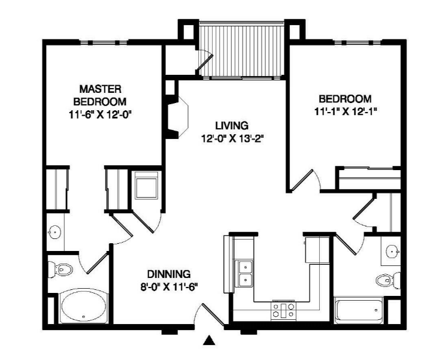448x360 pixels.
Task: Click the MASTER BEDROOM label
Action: (x=100, y=95)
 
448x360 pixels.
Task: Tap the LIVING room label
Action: (x=232, y=125)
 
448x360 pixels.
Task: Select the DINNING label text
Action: (x=169, y=274)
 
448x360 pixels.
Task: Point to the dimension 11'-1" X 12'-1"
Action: (x=344, y=112)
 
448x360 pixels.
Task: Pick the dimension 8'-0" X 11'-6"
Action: (x=169, y=287)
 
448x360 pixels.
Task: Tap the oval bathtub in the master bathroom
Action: (x=84, y=308)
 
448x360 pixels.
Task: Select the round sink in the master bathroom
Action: (x=55, y=232)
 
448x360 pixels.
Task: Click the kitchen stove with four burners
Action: (x=283, y=310)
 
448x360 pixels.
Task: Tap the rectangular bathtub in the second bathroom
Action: (x=359, y=310)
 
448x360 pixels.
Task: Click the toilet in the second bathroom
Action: (x=388, y=280)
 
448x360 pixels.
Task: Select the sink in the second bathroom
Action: (x=392, y=252)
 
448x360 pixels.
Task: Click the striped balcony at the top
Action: (x=242, y=51)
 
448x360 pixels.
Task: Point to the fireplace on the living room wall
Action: (x=177, y=117)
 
